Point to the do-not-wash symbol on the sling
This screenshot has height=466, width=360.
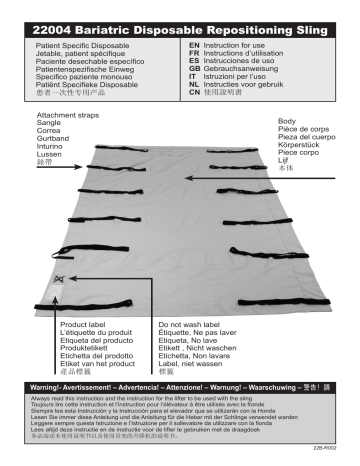point(60,279)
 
